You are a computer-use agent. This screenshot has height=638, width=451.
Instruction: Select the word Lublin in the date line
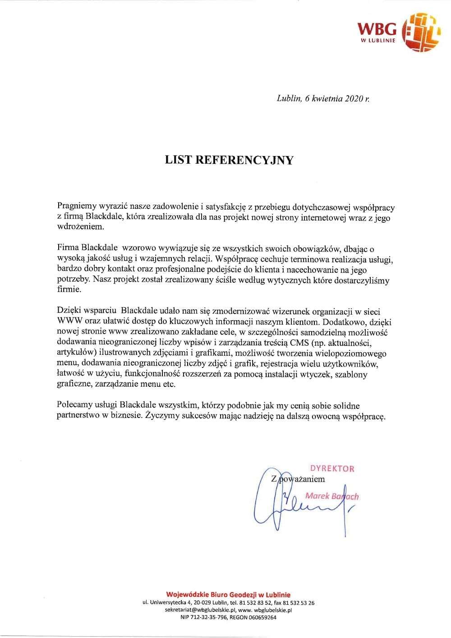tap(288, 99)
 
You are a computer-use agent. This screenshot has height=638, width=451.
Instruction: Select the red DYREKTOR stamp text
tap(332, 468)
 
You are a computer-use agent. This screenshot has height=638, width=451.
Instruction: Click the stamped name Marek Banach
tap(332, 496)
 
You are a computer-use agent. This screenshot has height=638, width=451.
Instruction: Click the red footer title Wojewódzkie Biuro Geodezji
tap(228, 595)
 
